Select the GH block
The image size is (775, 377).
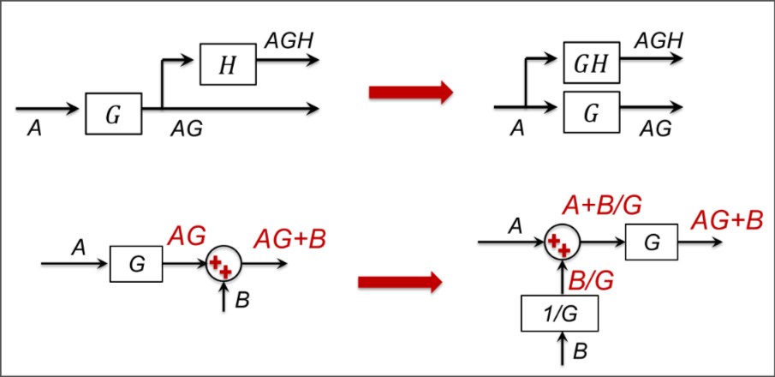click(x=592, y=63)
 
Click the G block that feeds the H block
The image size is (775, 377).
click(x=113, y=114)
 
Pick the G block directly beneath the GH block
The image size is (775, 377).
click(x=592, y=112)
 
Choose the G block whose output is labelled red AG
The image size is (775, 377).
click(x=136, y=263)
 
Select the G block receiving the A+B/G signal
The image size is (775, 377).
click(x=652, y=243)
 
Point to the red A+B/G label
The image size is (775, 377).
click(x=603, y=206)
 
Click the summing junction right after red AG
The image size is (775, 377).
click(x=223, y=264)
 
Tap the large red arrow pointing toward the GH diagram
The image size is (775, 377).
click(x=409, y=92)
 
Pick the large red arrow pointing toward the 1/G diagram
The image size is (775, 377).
click(x=398, y=281)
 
